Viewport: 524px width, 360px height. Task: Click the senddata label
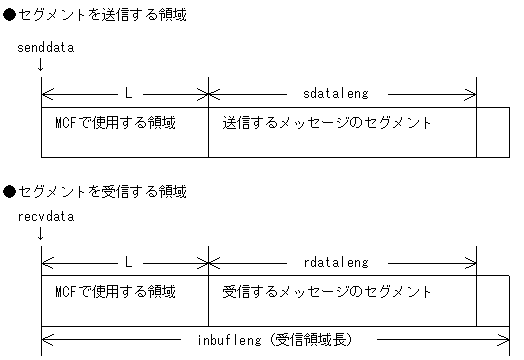46,47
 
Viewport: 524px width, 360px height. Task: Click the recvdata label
46,216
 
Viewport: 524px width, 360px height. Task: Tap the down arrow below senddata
40,65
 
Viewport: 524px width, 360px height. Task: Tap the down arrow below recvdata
40,234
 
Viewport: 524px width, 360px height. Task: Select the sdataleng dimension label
335,93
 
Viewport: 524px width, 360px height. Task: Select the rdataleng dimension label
335,262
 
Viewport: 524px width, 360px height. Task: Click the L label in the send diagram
128,93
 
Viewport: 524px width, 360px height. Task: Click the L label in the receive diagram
128,262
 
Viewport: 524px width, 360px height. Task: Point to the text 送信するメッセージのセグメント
326,124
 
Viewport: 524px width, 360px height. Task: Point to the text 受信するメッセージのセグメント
326,293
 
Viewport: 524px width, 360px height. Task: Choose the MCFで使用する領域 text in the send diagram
116,124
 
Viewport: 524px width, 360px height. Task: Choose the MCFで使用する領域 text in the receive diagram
116,293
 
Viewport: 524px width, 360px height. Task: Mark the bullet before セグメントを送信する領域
9,17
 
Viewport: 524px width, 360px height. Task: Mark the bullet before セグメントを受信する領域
9,191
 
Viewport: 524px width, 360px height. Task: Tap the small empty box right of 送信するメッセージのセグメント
492,132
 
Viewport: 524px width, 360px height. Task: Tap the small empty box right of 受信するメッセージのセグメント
492,301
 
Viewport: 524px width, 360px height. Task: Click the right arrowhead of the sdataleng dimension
473,94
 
